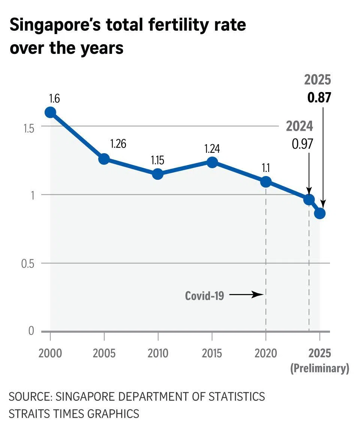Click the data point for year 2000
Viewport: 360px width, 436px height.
(50, 112)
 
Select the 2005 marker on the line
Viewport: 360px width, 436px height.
(104, 158)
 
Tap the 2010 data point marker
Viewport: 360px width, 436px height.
(158, 174)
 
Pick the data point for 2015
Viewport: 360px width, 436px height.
(212, 162)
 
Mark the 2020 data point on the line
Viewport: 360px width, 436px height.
(266, 182)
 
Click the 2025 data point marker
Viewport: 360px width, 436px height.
(320, 213)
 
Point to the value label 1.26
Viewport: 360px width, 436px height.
(118, 144)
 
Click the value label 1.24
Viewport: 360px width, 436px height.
(212, 148)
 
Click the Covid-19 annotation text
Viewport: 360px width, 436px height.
(205, 296)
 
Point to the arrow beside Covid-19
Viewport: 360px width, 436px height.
(245, 295)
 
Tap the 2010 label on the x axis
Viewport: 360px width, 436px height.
(158, 353)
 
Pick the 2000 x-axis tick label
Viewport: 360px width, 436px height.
(50, 353)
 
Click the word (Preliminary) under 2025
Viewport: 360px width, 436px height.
(319, 368)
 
